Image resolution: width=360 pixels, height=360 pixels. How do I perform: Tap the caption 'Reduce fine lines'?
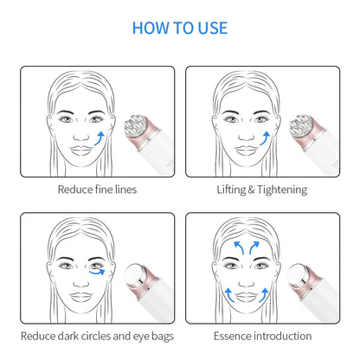click(x=97, y=190)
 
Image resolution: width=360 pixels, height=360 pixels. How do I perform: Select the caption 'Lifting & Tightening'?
click(x=262, y=190)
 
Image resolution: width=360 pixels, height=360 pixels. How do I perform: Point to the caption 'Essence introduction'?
click(x=262, y=336)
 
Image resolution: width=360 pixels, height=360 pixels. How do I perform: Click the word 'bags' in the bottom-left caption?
click(x=163, y=337)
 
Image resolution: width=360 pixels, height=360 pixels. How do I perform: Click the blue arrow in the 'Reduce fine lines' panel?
click(x=100, y=138)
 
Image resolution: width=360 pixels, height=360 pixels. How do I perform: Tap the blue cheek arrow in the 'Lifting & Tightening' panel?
click(x=265, y=138)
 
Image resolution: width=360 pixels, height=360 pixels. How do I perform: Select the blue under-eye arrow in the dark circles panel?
click(x=98, y=273)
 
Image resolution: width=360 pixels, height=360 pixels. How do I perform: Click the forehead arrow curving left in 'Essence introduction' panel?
click(x=239, y=247)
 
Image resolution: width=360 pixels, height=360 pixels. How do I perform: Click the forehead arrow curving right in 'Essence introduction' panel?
click(x=254, y=247)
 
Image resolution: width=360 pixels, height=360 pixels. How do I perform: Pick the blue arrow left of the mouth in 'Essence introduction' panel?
click(x=229, y=295)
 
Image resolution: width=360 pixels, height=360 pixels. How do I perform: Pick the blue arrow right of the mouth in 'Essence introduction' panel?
click(x=264, y=295)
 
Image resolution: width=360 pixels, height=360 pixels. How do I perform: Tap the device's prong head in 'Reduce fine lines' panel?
click(x=135, y=126)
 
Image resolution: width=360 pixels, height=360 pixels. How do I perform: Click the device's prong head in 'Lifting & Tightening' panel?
click(x=300, y=126)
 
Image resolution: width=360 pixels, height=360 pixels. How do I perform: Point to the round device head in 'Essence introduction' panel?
click(x=299, y=274)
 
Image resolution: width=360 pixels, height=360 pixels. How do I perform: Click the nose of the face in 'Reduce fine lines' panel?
click(x=81, y=135)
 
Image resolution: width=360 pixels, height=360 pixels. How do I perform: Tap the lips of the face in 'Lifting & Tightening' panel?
click(x=247, y=151)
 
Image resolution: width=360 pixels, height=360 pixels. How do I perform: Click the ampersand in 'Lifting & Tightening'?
click(x=251, y=190)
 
